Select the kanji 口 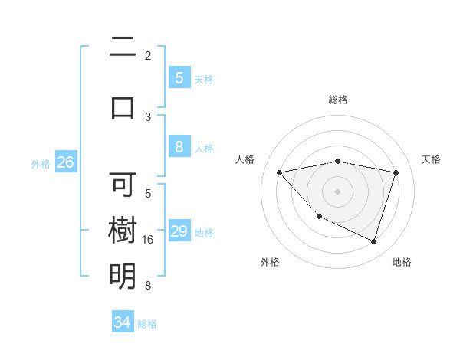tap(123, 107)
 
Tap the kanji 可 tap(123, 185)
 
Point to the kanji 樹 tap(123, 231)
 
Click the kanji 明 tap(123, 277)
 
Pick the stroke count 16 tap(148, 240)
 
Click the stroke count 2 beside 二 tap(148, 56)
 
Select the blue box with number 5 tap(179, 78)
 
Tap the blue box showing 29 tap(179, 232)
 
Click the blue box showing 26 tap(65, 162)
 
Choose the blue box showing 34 tap(123, 322)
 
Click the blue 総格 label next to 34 tap(147, 324)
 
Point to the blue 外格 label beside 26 tap(41, 163)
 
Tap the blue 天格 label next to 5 tap(203, 79)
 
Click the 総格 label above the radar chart tap(338, 100)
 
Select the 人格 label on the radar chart tap(245, 159)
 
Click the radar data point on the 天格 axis tap(396, 172)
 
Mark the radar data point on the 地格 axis tap(373, 242)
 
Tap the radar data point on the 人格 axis tap(280, 172)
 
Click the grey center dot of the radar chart tap(338, 191)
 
